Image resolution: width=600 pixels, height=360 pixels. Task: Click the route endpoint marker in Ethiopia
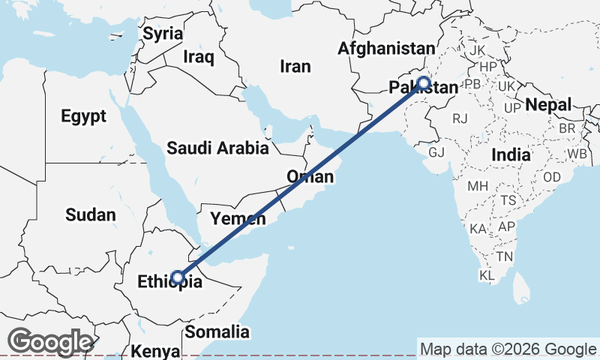(178, 277)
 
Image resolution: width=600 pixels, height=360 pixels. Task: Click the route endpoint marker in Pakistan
(423, 82)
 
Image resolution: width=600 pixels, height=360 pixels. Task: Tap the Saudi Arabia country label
(217, 148)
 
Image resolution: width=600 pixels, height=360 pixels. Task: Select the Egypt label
(83, 116)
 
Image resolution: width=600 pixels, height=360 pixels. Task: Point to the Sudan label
(90, 215)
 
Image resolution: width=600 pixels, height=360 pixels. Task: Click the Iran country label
(295, 67)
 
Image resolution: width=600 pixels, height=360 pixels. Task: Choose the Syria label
(163, 34)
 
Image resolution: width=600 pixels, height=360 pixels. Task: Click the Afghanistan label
(386, 49)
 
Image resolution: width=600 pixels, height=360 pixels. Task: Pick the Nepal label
(548, 104)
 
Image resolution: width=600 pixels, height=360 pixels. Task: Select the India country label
(511, 155)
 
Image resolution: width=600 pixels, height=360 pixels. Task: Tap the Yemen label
(238, 219)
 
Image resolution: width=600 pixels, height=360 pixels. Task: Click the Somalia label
(217, 331)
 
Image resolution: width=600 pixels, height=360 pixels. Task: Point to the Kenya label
(155, 351)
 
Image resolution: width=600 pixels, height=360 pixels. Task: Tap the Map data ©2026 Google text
(508, 349)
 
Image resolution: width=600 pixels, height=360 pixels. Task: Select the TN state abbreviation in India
(505, 256)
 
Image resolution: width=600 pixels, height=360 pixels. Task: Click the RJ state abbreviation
(460, 118)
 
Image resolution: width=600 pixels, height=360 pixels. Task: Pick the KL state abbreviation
(487, 276)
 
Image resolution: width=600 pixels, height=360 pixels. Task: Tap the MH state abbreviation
(478, 185)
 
